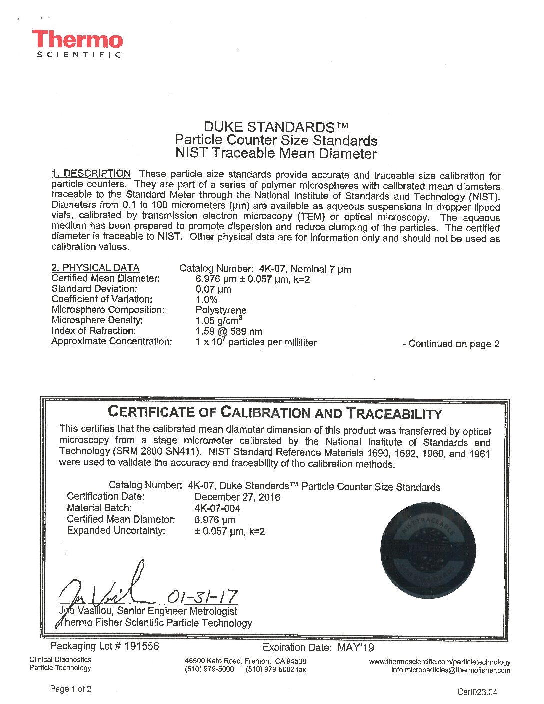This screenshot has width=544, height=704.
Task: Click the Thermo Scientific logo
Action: pos(77,44)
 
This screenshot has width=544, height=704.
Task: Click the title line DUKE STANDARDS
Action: pos(275,127)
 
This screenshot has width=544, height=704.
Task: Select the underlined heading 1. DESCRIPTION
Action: pos(91,174)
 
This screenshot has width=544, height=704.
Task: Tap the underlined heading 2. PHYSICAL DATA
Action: pos(95,268)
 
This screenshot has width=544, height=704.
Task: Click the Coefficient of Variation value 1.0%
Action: pos(206,300)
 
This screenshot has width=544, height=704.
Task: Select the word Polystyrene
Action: pos(221,310)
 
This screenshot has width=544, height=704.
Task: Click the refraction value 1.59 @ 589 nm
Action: pos(228,331)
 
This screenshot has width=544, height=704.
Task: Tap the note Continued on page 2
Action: pos(451,344)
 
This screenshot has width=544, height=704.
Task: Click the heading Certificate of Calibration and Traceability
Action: pos(275,413)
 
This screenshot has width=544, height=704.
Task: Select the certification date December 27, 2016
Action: pos(237,497)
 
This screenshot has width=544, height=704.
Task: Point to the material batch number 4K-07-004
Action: pos(217,508)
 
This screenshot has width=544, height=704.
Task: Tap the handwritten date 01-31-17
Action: pos(202,596)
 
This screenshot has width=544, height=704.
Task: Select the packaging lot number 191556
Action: pos(142,646)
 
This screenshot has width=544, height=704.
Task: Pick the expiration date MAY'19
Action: pos(355,648)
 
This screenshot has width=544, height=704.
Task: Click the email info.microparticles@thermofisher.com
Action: pos(450,670)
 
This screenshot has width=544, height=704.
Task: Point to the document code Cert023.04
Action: pos(477,692)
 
